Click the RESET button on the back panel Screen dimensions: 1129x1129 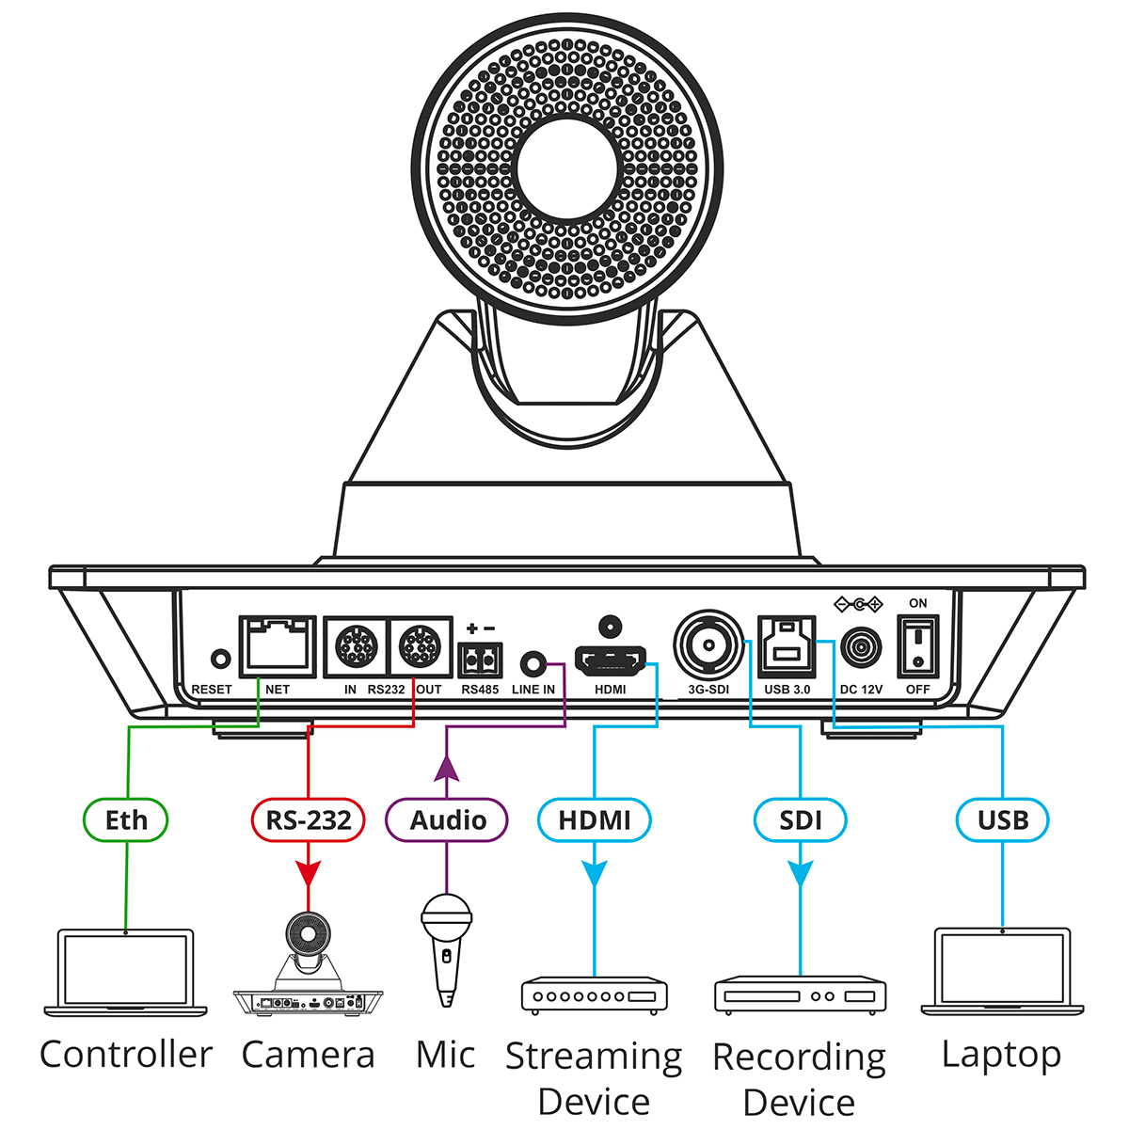coord(222,659)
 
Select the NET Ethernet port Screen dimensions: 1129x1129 coord(277,646)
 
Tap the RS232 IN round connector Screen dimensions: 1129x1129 coord(357,647)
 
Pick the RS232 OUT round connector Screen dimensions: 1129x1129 coord(420,647)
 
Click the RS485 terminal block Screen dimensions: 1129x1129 coord(480,660)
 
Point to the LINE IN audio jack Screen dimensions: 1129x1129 coord(534,662)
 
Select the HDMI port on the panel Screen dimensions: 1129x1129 coord(611,662)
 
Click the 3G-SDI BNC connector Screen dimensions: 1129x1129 coord(708,646)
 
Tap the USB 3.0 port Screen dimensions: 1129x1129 coord(787,646)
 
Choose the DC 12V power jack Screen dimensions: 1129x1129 coord(860,648)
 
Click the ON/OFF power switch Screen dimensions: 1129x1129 coord(917,646)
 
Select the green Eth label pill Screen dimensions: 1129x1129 coord(126,819)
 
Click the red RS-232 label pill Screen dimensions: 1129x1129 coord(308,819)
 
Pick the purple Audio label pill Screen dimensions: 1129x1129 coord(447,819)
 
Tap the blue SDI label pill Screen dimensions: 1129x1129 coord(801,819)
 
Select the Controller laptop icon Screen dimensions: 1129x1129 coord(126,974)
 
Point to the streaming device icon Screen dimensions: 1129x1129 coord(595,995)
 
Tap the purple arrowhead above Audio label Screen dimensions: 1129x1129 coord(447,769)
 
